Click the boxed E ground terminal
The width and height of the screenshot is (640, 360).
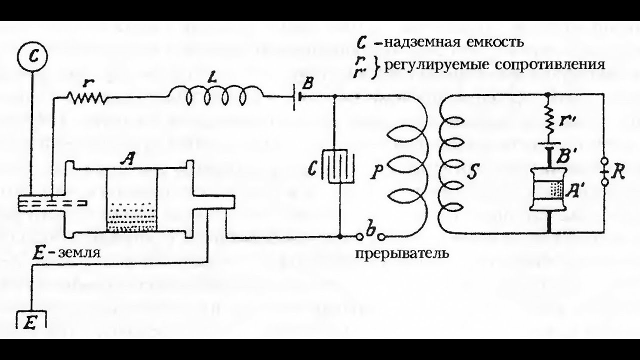click(31, 320)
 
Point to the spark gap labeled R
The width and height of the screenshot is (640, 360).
click(605, 172)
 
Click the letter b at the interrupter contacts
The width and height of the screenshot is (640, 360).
click(370, 230)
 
